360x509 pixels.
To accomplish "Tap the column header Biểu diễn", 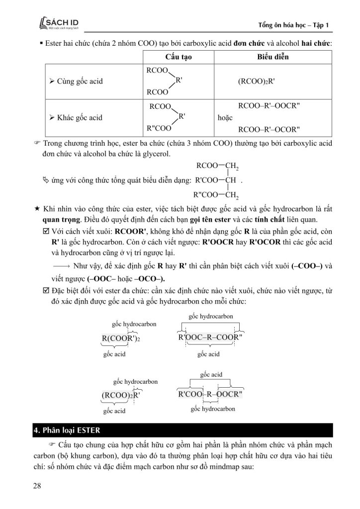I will coord(272,57).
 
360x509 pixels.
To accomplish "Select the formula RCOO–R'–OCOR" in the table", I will coord(270,130).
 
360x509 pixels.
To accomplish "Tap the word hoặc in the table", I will coord(226,118).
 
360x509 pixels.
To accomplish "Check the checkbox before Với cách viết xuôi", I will coord(46,232).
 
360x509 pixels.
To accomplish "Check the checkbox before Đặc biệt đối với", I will coord(46,290).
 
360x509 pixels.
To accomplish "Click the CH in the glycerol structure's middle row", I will coord(230,180).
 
